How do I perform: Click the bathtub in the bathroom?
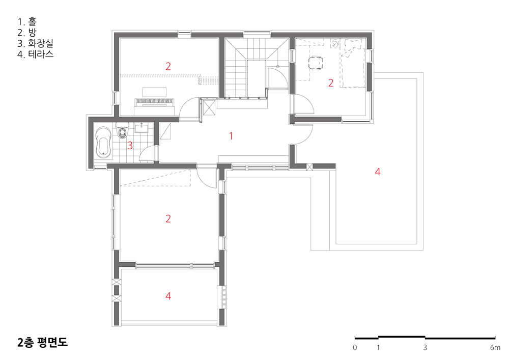(x=104, y=143)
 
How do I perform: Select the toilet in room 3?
(x=122, y=130)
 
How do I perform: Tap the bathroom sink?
(x=142, y=127)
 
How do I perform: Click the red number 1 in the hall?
(x=231, y=135)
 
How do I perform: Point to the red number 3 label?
(x=130, y=146)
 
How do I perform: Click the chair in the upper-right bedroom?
(x=315, y=63)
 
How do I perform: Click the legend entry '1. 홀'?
(x=27, y=22)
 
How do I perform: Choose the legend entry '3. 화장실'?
(x=35, y=43)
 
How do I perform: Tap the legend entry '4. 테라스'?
(x=36, y=54)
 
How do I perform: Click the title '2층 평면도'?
(x=43, y=343)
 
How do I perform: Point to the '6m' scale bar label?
(x=495, y=348)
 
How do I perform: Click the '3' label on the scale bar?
(x=425, y=348)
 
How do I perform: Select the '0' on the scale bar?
(x=355, y=348)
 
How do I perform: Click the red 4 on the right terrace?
(x=377, y=172)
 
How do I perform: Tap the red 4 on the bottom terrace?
(x=168, y=296)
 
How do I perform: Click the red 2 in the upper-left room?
(x=168, y=66)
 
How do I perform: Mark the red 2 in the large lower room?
(x=168, y=218)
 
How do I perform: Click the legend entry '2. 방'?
(x=27, y=33)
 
